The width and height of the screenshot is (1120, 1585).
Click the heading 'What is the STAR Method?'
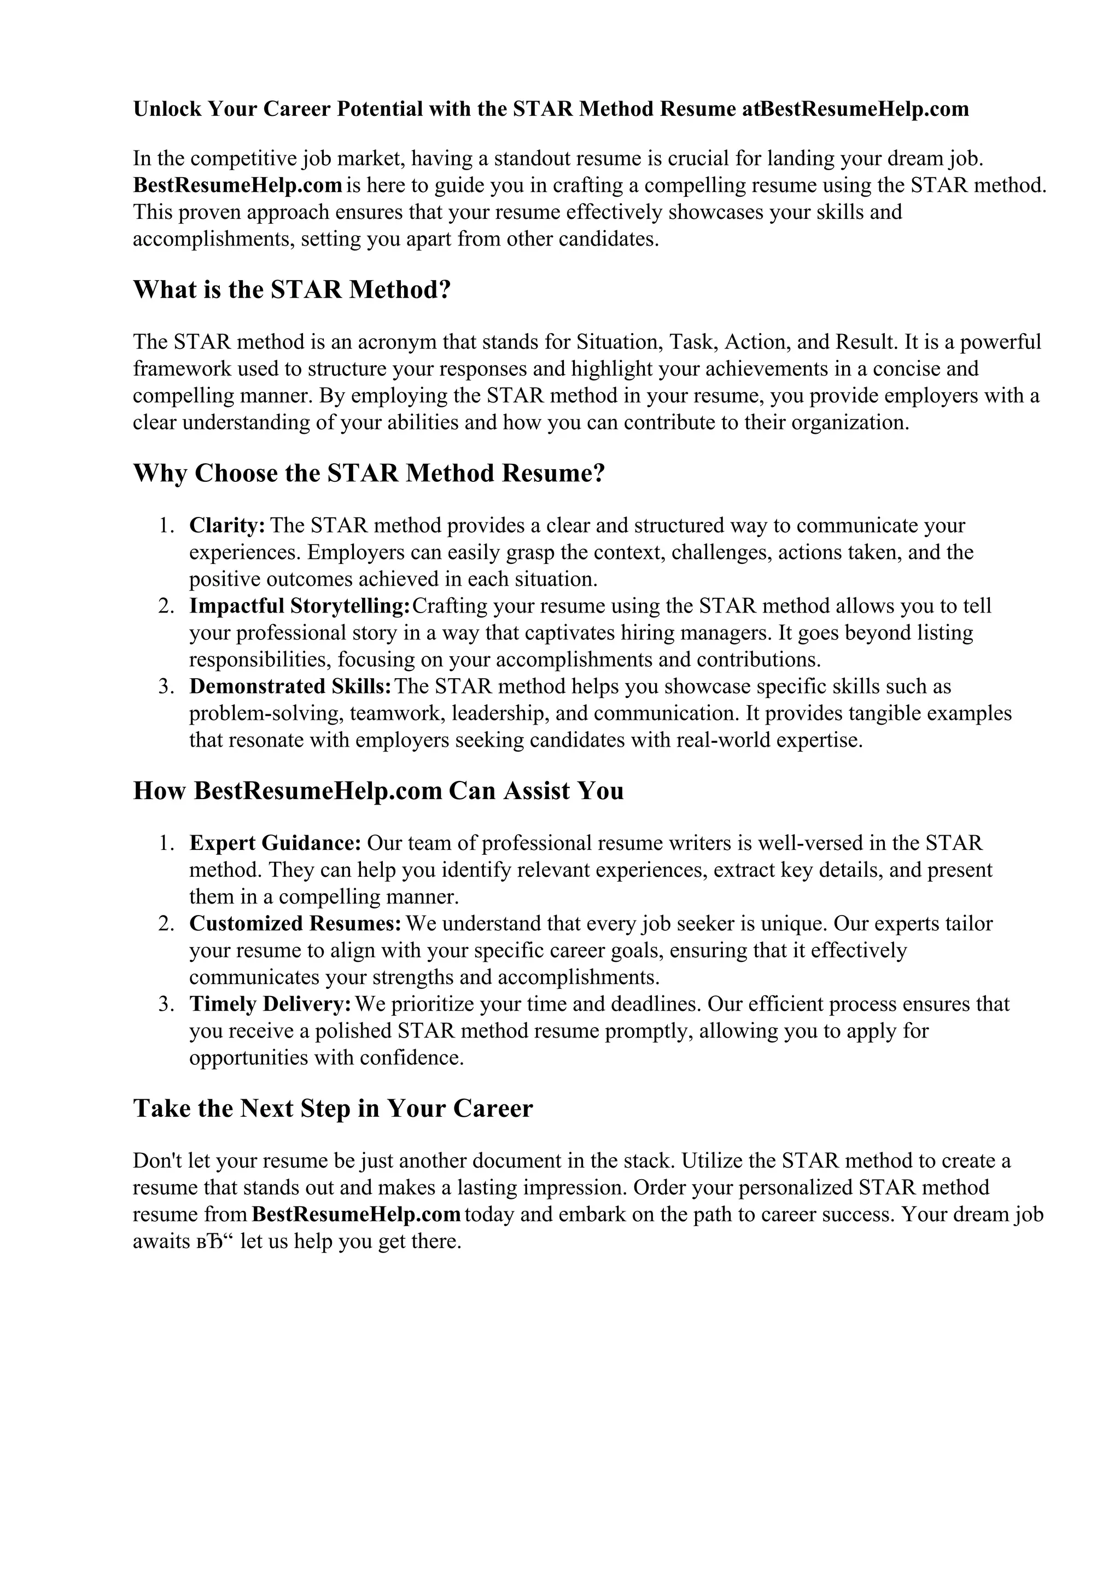coord(291,289)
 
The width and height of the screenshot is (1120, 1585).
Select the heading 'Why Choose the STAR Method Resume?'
coord(369,473)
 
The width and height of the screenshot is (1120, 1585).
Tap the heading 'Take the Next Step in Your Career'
coord(332,1108)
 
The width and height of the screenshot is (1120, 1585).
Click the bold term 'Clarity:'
coord(227,526)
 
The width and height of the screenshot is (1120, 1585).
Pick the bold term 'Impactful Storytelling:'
coord(300,605)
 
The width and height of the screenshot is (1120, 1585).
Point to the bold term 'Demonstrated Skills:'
coord(290,686)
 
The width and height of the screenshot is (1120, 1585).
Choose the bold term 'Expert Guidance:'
coord(275,843)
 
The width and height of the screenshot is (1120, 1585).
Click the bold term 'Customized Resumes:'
coord(295,923)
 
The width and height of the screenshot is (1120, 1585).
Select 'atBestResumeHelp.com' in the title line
coord(856,109)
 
